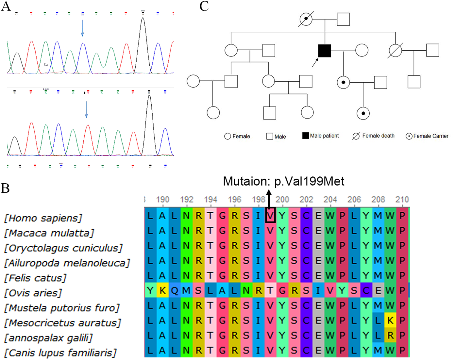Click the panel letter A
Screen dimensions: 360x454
click(6, 6)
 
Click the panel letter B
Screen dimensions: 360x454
click(5, 188)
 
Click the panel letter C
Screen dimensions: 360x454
click(204, 6)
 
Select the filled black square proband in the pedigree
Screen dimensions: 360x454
click(324, 51)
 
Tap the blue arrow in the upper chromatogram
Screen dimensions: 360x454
click(82, 28)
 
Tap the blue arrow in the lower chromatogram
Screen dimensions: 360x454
click(86, 109)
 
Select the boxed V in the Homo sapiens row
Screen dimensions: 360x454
click(270, 215)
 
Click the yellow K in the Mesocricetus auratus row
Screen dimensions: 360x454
click(390, 320)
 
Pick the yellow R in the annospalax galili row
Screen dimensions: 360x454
click(390, 335)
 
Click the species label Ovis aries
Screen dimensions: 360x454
click(33, 293)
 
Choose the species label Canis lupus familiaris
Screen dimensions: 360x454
click(60, 353)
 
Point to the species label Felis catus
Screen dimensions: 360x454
click(35, 278)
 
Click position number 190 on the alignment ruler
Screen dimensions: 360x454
click(162, 199)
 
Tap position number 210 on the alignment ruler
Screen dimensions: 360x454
click(402, 199)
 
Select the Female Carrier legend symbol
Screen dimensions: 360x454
click(409, 136)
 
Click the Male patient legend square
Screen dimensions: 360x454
click(306, 136)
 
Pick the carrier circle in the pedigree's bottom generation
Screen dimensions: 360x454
click(363, 113)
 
